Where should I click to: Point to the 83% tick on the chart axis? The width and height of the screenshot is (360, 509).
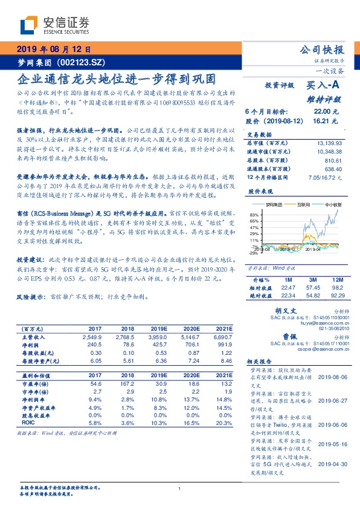pyautogui.click(x=254, y=215)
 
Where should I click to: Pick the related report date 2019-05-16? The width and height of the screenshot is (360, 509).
pyautogui.click(x=331, y=443)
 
